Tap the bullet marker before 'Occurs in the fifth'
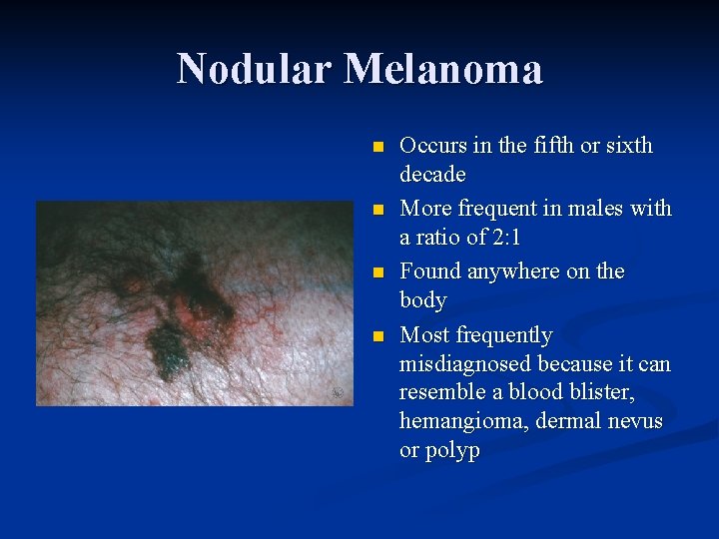click(376, 147)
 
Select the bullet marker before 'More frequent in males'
click(376, 210)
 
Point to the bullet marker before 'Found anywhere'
click(376, 272)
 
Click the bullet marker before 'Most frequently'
click(376, 335)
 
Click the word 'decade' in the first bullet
click(432, 175)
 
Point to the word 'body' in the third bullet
click(422, 300)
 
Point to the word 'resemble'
click(439, 392)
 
